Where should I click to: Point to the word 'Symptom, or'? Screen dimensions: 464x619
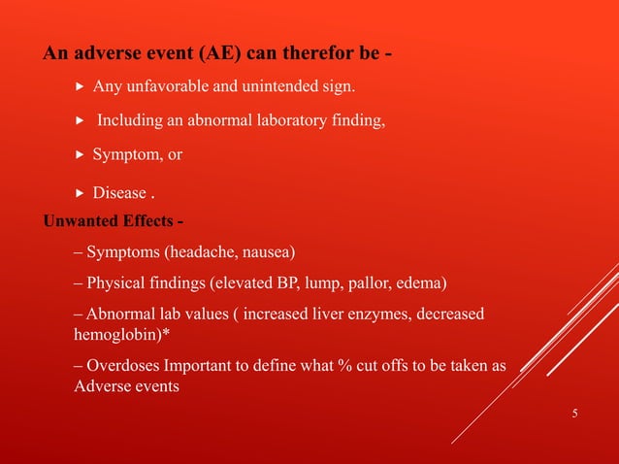pyautogui.click(x=137, y=154)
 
